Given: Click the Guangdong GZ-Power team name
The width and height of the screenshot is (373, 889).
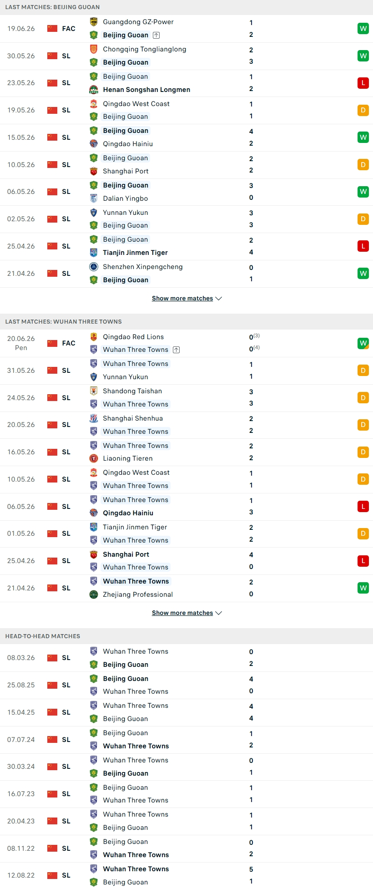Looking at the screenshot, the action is [138, 22].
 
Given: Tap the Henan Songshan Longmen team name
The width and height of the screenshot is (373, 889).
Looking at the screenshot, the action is [146, 90].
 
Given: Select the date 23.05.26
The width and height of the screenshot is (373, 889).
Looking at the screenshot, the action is [21, 83].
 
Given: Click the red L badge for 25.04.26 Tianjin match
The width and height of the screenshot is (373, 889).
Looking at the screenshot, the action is [363, 246].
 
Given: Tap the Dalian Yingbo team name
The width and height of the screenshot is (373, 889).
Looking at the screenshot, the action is [126, 198].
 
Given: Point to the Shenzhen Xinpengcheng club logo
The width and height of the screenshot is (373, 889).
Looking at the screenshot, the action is [94, 267].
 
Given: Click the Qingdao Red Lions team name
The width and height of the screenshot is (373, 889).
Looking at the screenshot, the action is [133, 337].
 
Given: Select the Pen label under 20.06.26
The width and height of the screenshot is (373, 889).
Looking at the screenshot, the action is [21, 348].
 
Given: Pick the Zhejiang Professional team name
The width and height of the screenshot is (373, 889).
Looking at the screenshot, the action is [138, 594].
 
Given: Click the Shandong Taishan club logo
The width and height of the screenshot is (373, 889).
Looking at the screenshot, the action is [94, 391].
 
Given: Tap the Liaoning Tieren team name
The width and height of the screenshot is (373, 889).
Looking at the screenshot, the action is [128, 458].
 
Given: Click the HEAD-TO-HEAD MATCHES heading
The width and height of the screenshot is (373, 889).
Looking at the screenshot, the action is [43, 636].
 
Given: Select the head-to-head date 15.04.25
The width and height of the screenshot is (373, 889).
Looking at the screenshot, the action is [21, 712].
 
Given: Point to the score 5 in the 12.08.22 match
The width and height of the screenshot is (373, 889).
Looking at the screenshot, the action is [251, 869].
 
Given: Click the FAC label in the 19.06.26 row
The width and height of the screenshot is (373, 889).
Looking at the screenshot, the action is [69, 29].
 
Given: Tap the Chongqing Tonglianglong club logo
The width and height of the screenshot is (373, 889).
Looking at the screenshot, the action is [94, 49].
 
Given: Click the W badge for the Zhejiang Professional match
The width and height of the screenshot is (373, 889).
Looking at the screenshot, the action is [363, 588].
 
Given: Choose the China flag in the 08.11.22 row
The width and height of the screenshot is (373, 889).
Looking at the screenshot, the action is [52, 848].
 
